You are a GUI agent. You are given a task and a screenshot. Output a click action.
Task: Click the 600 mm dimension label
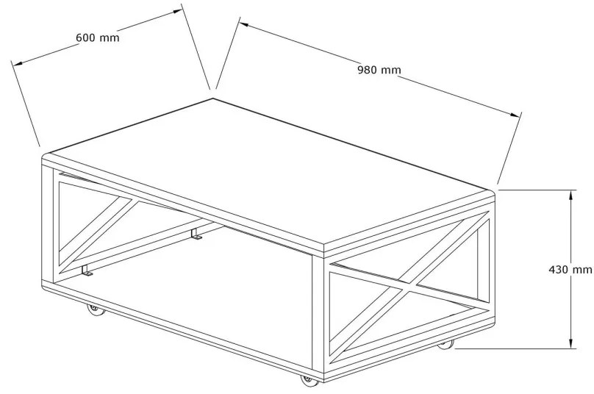pos(97,38)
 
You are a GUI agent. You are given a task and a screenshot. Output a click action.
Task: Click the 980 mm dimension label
pos(379,70)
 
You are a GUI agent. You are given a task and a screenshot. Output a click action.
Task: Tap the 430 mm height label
pos(570,270)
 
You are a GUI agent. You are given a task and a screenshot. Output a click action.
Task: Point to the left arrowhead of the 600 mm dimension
pos(17,63)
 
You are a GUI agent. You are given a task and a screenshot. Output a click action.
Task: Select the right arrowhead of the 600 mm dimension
pos(178,11)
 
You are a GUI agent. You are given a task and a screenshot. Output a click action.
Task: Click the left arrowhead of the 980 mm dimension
pos(244,25)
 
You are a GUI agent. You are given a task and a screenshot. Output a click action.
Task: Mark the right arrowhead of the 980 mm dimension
pos(515,115)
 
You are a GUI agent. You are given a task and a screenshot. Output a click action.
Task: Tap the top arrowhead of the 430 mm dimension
pos(571,195)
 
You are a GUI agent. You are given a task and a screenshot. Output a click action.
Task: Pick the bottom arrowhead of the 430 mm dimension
pos(571,343)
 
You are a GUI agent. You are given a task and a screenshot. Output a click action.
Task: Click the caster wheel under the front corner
pos(309,380)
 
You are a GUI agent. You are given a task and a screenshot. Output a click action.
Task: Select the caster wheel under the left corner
pos(96,310)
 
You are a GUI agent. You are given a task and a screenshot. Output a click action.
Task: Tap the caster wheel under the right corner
pos(445,345)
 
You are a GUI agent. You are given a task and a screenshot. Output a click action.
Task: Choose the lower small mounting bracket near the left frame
pos(86,270)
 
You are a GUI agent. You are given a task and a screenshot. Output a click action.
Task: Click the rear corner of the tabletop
pos(213,98)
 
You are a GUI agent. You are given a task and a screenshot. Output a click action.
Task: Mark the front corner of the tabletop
pos(324,247)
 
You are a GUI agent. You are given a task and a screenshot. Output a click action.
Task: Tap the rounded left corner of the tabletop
pos(45,156)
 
